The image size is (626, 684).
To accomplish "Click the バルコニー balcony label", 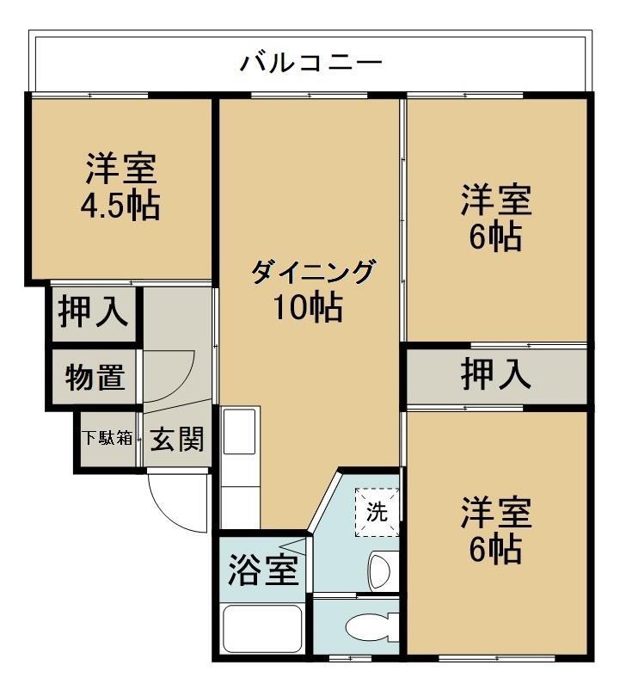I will click(311, 62).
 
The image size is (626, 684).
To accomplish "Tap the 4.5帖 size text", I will click(121, 206).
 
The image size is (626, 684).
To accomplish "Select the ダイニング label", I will click(312, 273).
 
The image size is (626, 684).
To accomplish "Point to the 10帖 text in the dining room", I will click(309, 307).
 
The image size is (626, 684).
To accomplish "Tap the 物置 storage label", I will click(95, 377).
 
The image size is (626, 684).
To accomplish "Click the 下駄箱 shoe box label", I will click(107, 438).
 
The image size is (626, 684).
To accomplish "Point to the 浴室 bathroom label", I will click(262, 569).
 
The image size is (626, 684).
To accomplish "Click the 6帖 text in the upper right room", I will click(495, 237).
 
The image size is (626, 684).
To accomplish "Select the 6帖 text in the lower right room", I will click(495, 548).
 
